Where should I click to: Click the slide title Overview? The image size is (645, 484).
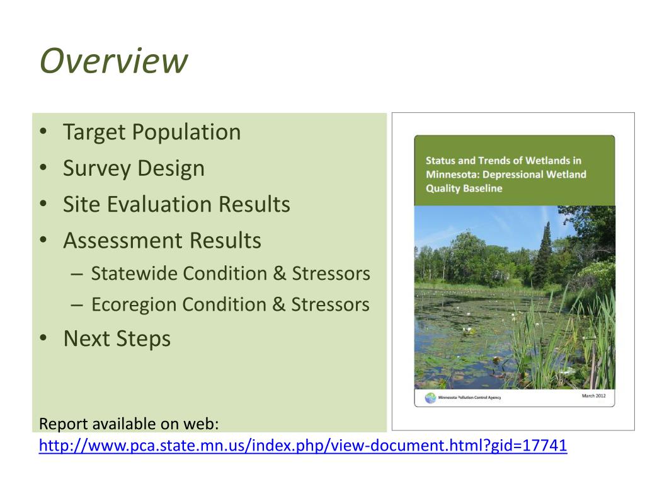click(x=113, y=61)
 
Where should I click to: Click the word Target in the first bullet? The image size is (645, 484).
click(x=94, y=132)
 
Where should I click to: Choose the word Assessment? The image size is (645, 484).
click(x=117, y=241)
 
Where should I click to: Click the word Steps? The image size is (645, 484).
click(x=144, y=339)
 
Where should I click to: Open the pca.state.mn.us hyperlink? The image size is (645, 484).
click(x=303, y=446)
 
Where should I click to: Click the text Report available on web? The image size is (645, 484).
click(x=128, y=423)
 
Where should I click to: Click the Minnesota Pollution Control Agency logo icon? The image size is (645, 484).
click(x=430, y=398)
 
